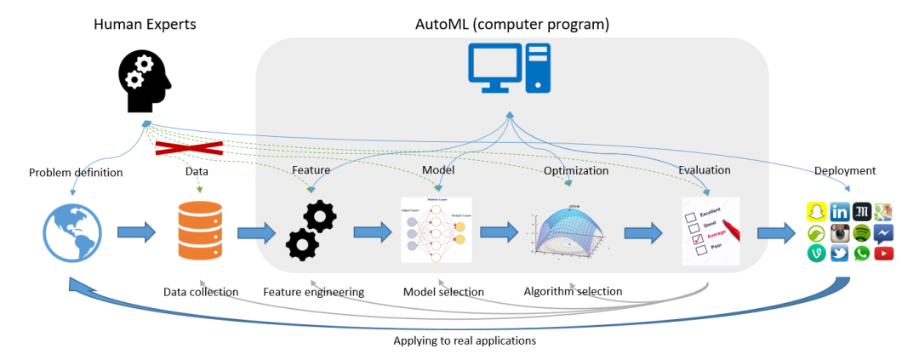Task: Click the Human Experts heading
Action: [145, 24]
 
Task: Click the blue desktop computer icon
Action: [510, 68]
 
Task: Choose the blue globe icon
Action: [72, 233]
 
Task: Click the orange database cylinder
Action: [201, 231]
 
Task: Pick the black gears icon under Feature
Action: [311, 231]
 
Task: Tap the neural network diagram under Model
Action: [436, 230]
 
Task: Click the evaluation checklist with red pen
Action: [711, 231]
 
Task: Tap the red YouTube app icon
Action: [883, 253]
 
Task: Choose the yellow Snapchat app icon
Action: [817, 211]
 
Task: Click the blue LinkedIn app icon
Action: [839, 211]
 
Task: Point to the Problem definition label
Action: [76, 173]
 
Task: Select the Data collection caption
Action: [201, 292]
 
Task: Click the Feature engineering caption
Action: [313, 292]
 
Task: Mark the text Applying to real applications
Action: [464, 340]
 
